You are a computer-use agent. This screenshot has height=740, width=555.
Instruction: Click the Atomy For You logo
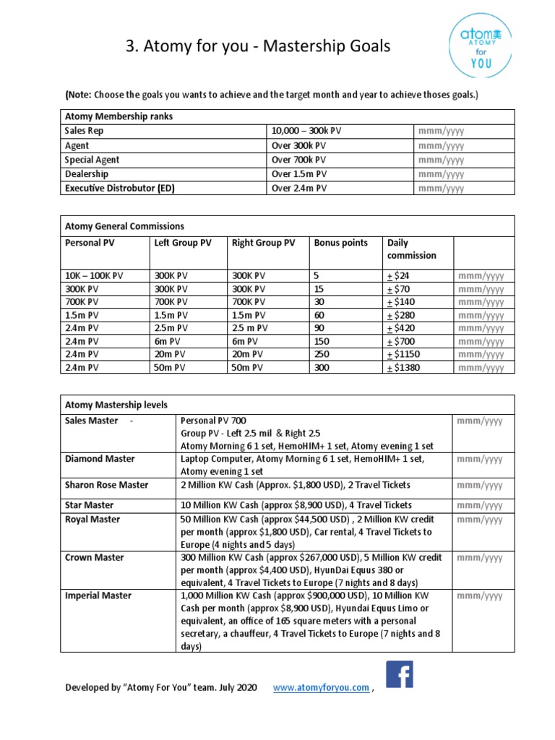pos(480,48)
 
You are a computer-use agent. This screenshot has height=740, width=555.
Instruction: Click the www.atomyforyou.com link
pos(321,688)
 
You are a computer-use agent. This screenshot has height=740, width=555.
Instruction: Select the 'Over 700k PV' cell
pos(298,160)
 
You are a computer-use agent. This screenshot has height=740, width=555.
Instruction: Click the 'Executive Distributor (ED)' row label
pos(120,188)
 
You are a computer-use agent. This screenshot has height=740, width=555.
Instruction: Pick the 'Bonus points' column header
pos(340,243)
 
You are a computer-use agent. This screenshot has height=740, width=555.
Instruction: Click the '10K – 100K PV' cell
pos(94,275)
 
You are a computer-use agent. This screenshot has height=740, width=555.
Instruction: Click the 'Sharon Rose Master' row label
pos(106,485)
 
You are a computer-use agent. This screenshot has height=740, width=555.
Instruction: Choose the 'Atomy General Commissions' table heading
pos(124,225)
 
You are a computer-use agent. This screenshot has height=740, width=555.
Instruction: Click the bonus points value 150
pos(322,341)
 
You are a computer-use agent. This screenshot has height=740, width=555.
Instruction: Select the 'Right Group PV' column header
pos(263,243)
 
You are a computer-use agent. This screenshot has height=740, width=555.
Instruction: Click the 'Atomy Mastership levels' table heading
pos(116,404)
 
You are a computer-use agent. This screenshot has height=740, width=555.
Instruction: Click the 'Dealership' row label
pos(87,173)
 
